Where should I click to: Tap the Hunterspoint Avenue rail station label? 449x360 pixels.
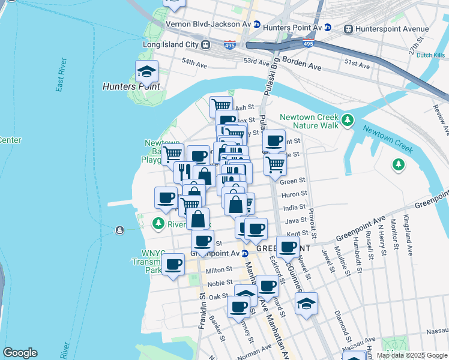(393, 29)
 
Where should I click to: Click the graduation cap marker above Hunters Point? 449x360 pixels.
(146, 73)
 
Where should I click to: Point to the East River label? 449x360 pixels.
(60, 76)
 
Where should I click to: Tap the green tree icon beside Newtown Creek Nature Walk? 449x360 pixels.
(347, 121)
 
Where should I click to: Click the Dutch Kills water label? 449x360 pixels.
(430, 55)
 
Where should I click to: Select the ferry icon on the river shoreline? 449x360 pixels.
(120, 230)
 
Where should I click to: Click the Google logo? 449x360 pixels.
(20, 353)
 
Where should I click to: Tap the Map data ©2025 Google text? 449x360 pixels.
(412, 355)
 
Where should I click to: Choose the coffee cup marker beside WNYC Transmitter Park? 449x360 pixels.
(173, 264)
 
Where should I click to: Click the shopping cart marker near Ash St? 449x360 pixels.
(221, 106)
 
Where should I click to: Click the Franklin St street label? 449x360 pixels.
(202, 304)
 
